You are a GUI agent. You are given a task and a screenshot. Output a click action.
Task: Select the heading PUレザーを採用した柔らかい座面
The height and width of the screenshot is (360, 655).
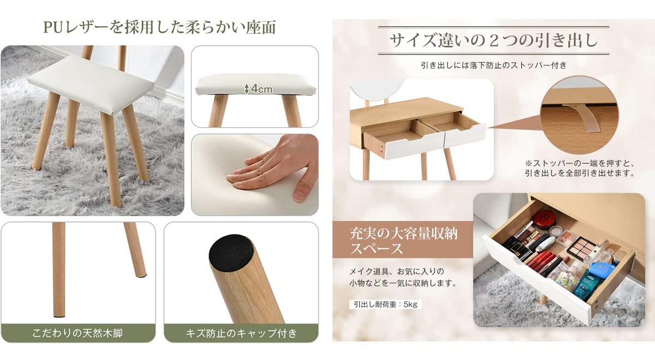159,27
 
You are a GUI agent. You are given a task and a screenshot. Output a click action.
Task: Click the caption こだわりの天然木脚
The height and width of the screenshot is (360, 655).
78,333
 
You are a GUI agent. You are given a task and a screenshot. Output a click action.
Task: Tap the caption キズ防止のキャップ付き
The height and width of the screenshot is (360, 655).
241,333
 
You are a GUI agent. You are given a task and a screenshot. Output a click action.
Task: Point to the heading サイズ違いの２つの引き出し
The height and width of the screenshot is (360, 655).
493,40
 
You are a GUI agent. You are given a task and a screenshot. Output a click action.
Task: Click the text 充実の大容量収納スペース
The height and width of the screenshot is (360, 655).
403,242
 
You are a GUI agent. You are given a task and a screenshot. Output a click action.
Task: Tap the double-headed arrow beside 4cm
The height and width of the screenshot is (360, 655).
246,88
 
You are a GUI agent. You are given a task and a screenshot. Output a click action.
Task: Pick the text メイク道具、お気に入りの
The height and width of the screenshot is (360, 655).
397,271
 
